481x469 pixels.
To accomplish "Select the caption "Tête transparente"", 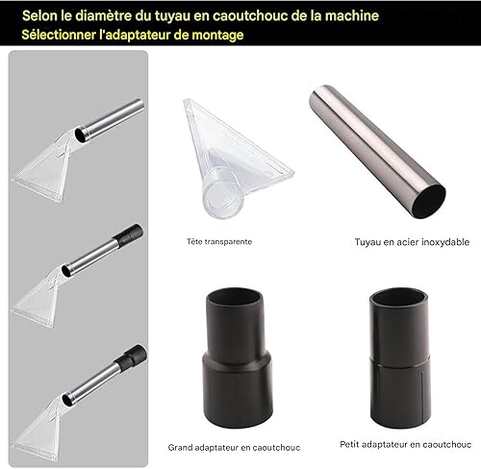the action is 219,241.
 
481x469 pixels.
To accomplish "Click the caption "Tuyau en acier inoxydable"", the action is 412,242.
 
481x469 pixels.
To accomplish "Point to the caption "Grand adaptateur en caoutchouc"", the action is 234,448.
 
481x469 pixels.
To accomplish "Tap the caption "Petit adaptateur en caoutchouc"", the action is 406,445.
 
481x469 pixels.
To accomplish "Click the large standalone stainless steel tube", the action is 377,151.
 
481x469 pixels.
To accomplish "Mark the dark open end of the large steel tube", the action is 429,202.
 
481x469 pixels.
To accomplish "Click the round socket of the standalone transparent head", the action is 222,200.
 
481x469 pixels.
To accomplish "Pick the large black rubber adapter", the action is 238,358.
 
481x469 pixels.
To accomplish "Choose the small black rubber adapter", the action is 400,358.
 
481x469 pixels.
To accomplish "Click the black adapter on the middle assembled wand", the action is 128,234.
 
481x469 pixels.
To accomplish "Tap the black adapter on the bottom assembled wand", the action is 131,357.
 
